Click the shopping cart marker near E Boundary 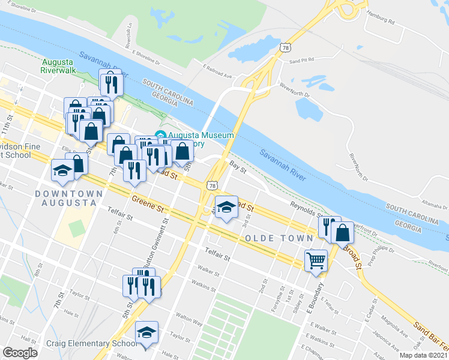316,260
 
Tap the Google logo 20,353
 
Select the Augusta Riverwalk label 57,66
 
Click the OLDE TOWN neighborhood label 279,238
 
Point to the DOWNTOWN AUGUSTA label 65,198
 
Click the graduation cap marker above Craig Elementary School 146,332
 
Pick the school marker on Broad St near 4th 226,208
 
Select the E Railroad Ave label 217,71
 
